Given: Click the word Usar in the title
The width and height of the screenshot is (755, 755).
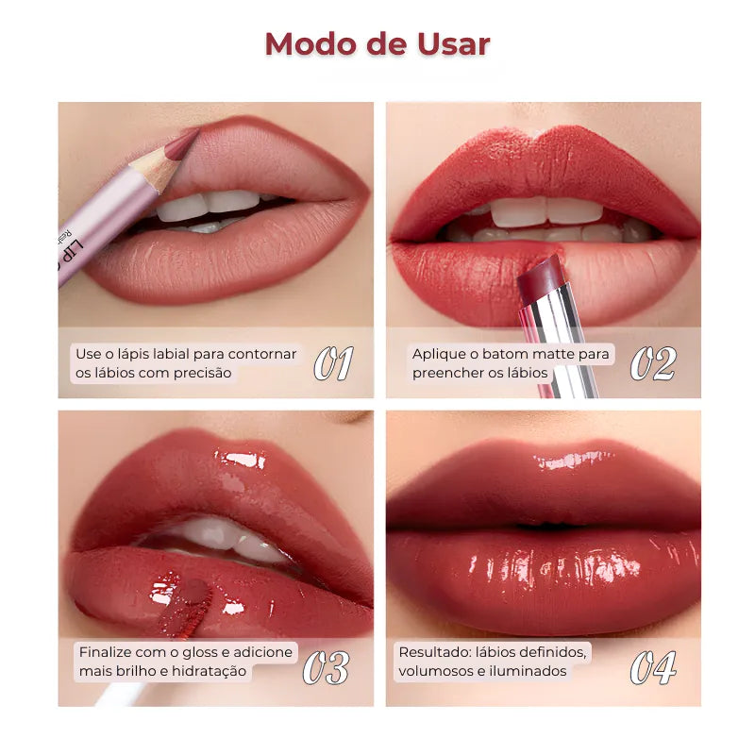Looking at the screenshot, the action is click(454, 44).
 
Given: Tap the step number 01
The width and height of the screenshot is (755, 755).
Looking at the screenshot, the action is click(334, 363).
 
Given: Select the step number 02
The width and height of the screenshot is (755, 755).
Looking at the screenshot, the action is click(653, 363).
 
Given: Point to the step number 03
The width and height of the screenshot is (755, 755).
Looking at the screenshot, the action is click(326, 668).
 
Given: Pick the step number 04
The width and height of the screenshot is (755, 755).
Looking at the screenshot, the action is click(653, 668).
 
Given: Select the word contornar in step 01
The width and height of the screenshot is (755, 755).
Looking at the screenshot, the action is click(262, 355).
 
